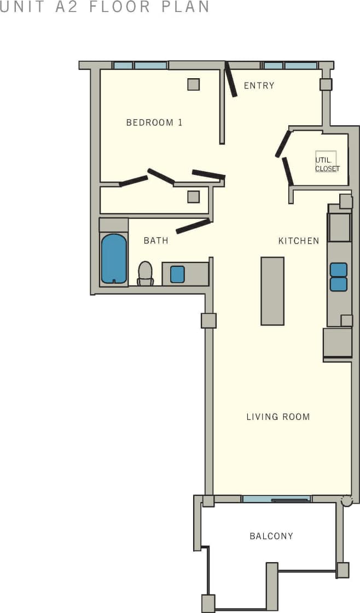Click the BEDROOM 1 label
154,122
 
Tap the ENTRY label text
259,86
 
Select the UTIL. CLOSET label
327,165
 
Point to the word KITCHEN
298,241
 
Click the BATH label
156,241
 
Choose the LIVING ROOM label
278,417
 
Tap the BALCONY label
271,536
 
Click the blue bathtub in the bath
114,258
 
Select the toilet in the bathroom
145,273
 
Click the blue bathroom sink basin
177,274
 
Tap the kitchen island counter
272,291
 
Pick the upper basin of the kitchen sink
339,270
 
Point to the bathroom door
193,226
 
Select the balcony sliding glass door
276,499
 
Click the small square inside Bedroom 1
194,84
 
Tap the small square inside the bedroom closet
194,197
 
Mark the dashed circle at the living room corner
346,500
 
